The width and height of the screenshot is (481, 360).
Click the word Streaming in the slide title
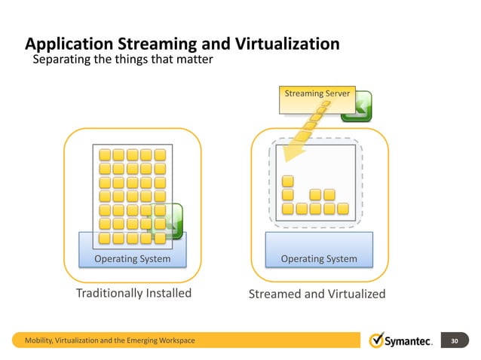pos(152,44)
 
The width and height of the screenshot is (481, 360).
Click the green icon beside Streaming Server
pos(356,106)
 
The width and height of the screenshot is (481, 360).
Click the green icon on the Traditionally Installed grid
pos(165,221)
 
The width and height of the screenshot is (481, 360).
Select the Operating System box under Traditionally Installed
pos(132,258)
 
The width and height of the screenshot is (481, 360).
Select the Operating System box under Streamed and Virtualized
pos(319,258)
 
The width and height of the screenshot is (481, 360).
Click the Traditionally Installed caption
pos(133,292)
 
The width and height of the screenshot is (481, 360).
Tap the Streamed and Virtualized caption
pos(317,293)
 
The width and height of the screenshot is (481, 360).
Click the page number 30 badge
pos(454,341)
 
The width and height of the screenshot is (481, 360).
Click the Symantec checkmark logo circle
pos(377,340)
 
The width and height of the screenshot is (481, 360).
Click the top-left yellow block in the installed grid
pos(106,155)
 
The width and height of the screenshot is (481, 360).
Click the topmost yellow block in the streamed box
pos(287,181)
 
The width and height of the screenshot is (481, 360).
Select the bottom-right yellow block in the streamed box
pos(343,208)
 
